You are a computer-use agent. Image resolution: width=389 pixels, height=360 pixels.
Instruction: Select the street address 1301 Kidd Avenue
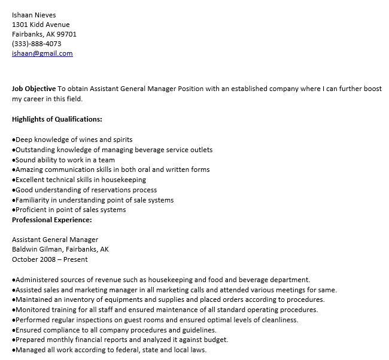pos(41,25)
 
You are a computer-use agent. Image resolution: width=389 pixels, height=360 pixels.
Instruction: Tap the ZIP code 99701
pos(66,34)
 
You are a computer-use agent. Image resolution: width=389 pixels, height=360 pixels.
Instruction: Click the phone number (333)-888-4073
pos(37,44)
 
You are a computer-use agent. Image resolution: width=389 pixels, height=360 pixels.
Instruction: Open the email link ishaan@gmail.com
pos(42,53)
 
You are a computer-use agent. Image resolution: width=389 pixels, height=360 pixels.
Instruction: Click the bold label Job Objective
pos(34,89)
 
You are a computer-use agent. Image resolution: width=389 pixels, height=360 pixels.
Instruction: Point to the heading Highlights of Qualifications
pos(57,119)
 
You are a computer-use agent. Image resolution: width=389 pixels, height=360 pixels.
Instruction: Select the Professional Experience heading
pos(52,220)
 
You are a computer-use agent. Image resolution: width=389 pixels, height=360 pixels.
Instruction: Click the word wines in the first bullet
pos(82,140)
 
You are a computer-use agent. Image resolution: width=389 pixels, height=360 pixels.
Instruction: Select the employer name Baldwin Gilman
pos(39,249)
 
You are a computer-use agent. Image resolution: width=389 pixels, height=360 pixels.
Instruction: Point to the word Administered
pos(37,280)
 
